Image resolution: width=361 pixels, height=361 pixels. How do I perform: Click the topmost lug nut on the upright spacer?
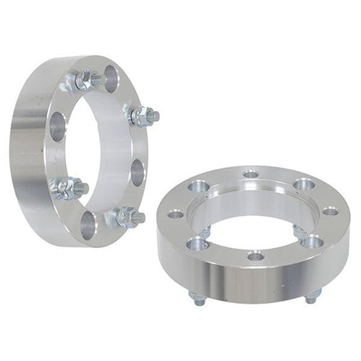click(88, 79)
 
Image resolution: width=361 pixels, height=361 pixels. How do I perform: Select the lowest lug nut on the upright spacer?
click(126, 217)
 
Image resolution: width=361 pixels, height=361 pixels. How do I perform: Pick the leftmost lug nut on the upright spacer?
click(68, 188)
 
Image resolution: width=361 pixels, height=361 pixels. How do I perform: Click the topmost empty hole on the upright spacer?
click(111, 77)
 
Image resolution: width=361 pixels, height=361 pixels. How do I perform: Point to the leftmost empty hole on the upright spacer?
click(58, 126)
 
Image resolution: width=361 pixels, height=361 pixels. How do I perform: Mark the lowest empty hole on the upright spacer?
click(88, 225)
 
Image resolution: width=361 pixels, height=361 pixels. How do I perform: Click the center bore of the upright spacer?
click(98, 149)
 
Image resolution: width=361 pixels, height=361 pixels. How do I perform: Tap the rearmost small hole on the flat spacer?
click(250, 174)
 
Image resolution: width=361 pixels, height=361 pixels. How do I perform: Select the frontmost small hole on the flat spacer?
click(254, 256)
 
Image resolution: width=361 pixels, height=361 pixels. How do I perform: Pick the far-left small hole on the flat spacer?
click(175, 213)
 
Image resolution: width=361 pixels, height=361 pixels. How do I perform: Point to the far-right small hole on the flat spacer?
click(330, 211)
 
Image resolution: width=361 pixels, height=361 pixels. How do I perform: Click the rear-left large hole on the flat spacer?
click(198, 187)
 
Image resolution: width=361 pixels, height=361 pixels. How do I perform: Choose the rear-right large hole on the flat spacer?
click(305, 184)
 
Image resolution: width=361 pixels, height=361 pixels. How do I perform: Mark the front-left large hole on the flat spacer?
click(198, 243)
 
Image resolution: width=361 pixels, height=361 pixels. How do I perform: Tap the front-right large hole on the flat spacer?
click(312, 241)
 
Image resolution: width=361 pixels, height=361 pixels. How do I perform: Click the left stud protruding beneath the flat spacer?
click(195, 297)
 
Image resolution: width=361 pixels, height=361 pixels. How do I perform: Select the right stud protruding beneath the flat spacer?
click(312, 296)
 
